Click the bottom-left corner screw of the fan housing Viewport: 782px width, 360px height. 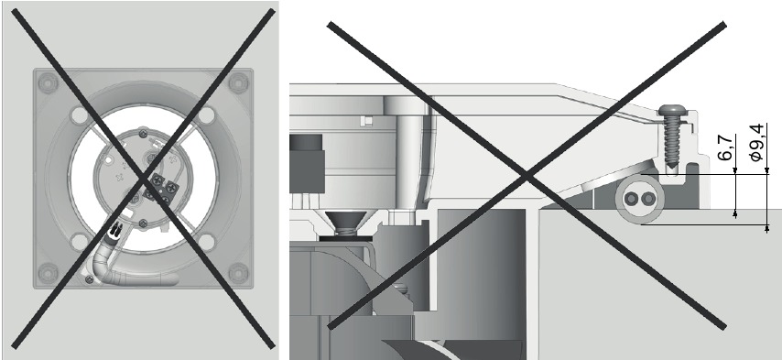pyautogui.click(x=47, y=270)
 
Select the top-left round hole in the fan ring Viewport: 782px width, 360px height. pyautogui.click(x=78, y=116)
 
